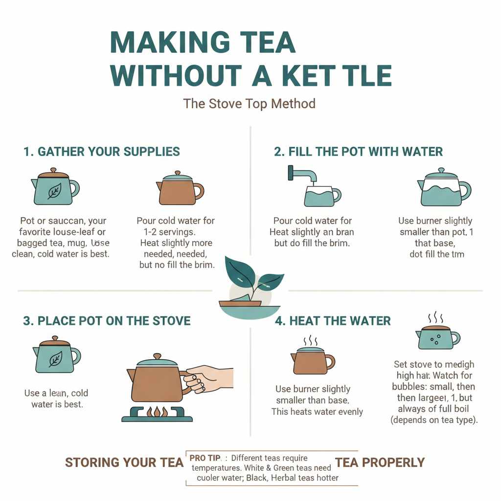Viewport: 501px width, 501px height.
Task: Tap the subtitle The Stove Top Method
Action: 249,104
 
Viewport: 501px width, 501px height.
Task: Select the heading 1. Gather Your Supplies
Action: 101,152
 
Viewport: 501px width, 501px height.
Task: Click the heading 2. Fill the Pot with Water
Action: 358,152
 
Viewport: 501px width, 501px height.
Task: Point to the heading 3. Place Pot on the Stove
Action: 107,321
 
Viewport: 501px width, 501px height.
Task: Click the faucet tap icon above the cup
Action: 301,175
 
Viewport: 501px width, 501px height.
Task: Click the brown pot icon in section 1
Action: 180,189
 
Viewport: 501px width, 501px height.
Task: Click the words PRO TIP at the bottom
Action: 205,458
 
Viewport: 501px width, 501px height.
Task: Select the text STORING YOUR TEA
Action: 124,462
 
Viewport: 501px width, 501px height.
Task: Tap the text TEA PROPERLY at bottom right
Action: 380,462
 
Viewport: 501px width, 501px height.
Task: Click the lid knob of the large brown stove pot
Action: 157,356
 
